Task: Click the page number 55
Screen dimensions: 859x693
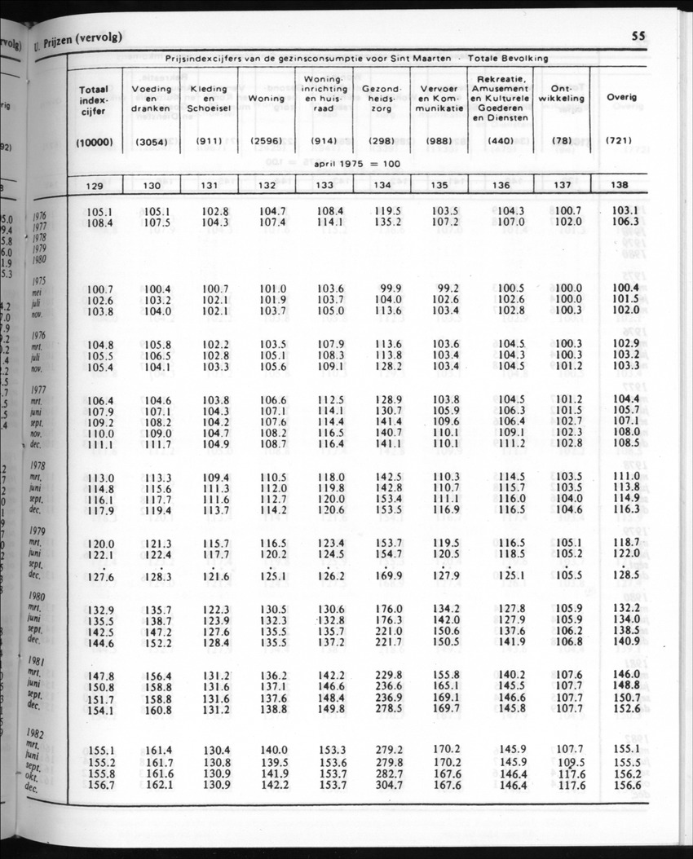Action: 638,36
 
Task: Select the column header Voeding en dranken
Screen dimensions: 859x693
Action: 151,98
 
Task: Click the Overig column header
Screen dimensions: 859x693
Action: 621,97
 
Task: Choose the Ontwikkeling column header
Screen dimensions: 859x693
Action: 563,94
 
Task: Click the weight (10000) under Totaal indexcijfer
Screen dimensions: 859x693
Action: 94,140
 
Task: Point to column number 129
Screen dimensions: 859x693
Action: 94,185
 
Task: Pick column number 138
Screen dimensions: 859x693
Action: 620,185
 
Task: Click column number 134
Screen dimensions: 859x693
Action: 382,185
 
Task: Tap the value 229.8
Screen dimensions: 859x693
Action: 386,676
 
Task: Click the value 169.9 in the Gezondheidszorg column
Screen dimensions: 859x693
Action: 386,577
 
